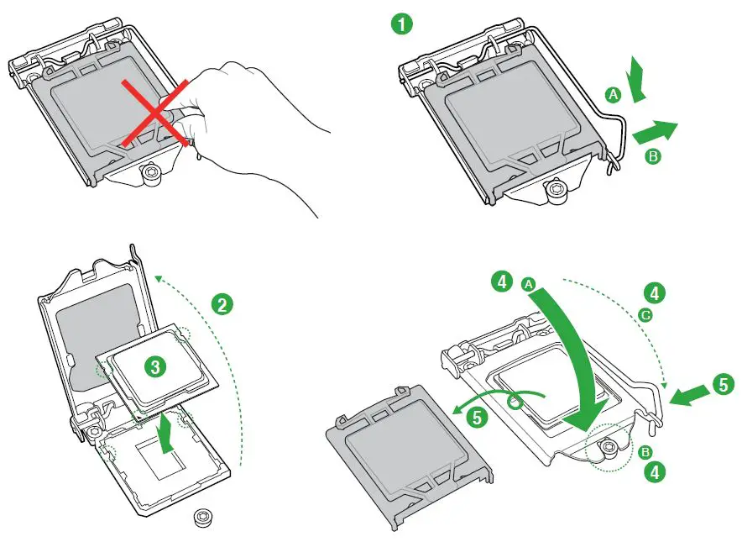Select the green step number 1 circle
point(403,24)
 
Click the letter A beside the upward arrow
point(614,97)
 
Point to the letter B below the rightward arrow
point(651,155)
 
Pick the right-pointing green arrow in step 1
point(654,130)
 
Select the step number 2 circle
point(222,304)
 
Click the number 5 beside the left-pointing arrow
point(724,384)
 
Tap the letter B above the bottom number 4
point(645,452)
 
